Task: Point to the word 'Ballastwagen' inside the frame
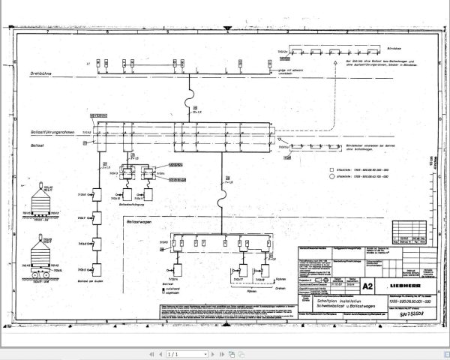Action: pyautogui.click(x=139, y=220)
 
